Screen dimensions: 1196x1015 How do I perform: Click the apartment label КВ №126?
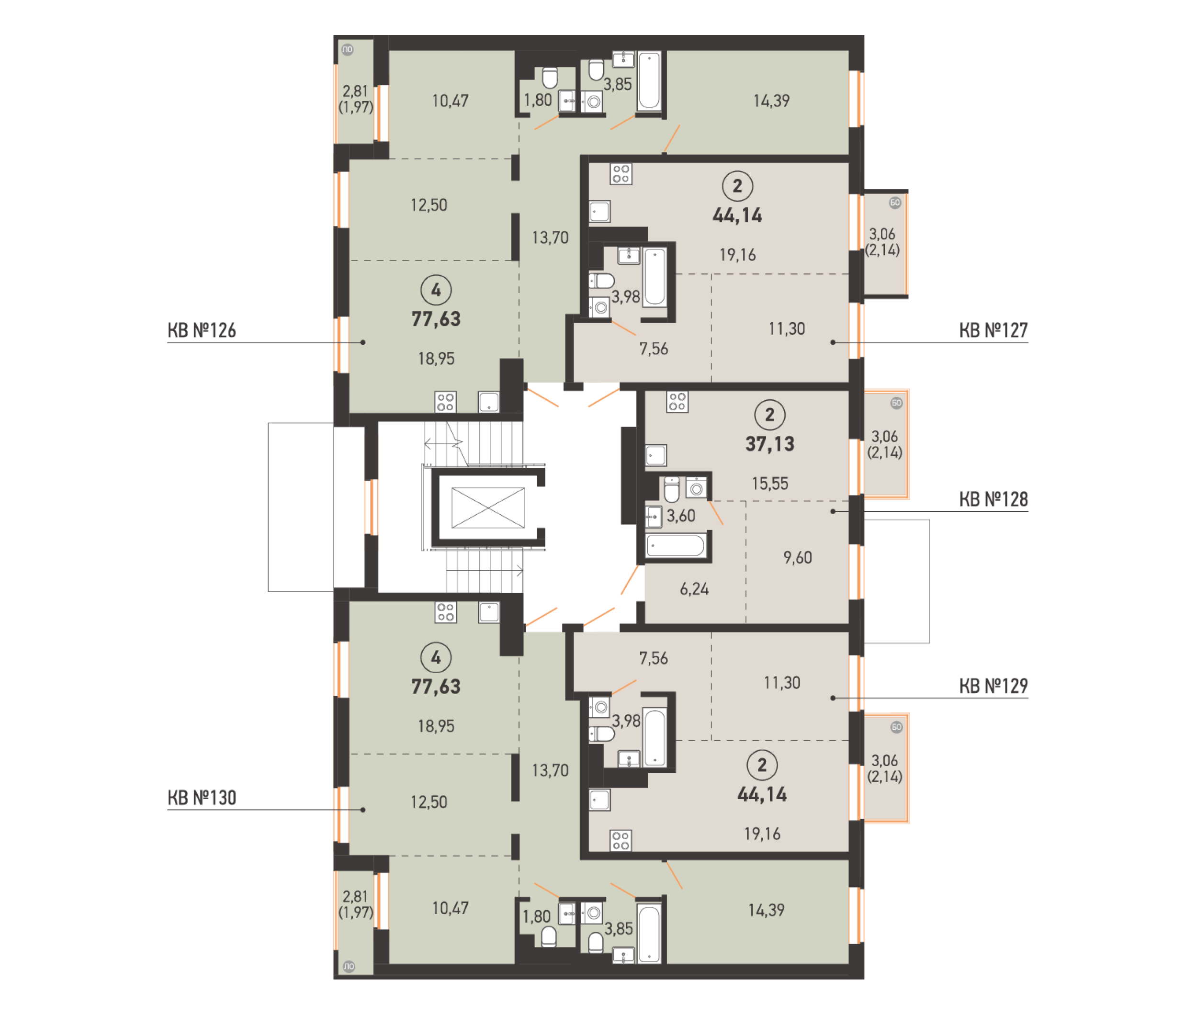coord(202,330)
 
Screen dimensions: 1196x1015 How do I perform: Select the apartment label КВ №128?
coord(993,499)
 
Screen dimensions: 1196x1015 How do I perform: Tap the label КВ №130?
coord(202,798)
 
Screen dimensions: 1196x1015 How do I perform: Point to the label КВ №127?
coord(993,330)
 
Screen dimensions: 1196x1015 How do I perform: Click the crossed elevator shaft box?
coord(488,507)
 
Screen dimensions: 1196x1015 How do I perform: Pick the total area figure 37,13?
coord(770,444)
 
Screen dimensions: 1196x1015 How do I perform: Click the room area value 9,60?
coord(797,557)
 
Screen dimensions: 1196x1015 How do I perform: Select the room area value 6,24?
coord(694,588)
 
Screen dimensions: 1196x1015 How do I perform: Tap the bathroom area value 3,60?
coord(681,516)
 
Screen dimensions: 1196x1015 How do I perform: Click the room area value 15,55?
coord(770,484)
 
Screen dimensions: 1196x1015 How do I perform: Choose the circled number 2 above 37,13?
coord(770,415)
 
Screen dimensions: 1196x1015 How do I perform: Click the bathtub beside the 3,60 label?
coord(676,545)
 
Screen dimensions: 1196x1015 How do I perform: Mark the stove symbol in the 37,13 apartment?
coord(677,402)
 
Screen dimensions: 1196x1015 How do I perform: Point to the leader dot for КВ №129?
coord(833,698)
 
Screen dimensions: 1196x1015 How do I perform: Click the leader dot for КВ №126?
coord(362,342)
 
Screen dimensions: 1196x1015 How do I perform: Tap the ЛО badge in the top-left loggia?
coord(347,49)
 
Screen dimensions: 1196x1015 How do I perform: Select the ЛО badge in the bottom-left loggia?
coord(349,966)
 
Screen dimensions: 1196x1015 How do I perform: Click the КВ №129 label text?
coord(993,686)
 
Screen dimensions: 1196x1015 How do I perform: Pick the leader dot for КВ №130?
coord(362,810)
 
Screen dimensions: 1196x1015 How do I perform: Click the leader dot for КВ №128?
coord(833,511)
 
